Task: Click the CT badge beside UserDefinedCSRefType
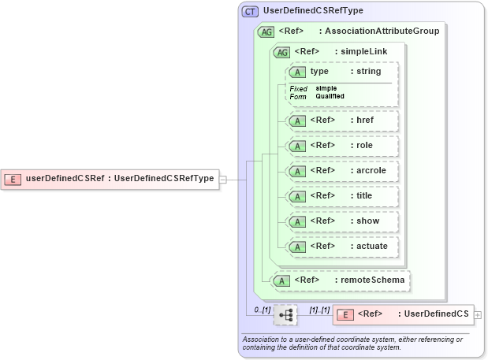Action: pos(250,12)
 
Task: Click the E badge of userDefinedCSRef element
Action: pos(13,178)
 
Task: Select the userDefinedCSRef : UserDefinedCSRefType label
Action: pos(120,178)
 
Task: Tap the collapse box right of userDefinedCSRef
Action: pos(223,179)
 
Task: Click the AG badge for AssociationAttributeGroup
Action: pos(266,32)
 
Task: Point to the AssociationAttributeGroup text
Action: pos(382,32)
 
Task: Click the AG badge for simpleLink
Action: pos(281,52)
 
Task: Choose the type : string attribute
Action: pos(341,72)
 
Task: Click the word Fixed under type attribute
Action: pos(298,88)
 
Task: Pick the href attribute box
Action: pos(341,121)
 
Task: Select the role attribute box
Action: pos(341,146)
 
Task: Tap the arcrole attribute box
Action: pos(341,171)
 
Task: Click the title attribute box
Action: pos(341,196)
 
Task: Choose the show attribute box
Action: pos(341,221)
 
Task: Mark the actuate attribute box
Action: pos(341,247)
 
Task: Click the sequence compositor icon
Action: pos(285,315)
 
